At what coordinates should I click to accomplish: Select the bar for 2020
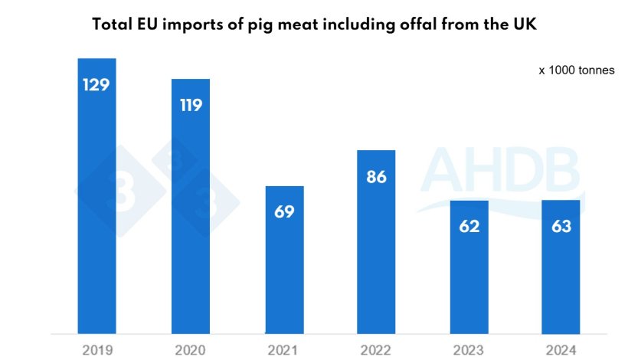point(191,206)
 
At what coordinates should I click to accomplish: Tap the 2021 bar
point(284,260)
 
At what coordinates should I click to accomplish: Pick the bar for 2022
point(377,242)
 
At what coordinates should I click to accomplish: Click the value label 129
point(97,84)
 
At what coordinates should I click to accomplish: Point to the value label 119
point(191,105)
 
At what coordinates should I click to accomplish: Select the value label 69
point(284,211)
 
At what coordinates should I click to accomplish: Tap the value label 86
point(377,177)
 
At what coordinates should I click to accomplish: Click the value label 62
point(469,226)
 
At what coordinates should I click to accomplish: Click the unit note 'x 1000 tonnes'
point(576,70)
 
